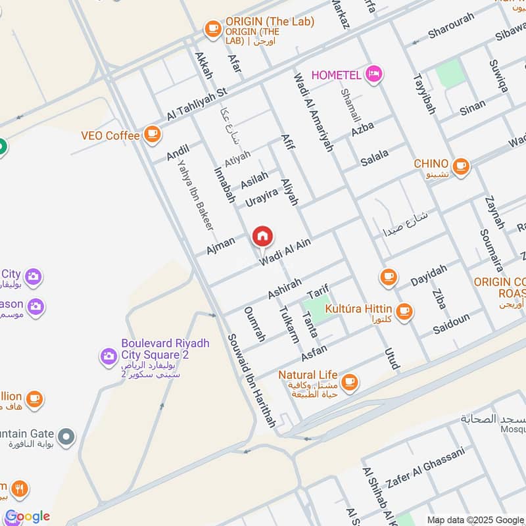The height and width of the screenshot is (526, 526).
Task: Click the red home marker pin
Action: (262, 236)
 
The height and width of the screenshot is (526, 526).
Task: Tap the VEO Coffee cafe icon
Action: (153, 134)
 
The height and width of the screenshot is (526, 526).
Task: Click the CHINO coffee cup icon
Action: (460, 165)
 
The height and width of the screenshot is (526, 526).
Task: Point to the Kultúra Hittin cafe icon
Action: (404, 310)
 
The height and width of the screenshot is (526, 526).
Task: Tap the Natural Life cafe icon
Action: (349, 381)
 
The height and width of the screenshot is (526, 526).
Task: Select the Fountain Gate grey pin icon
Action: (66, 436)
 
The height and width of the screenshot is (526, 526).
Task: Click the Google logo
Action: (27, 516)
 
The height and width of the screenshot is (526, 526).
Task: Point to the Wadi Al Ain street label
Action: (284, 252)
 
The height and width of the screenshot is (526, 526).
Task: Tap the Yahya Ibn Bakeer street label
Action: (196, 196)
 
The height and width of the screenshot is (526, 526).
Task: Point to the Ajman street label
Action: (220, 246)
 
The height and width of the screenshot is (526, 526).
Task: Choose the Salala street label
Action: (375, 157)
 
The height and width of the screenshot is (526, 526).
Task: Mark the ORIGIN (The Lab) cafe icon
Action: (212, 28)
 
